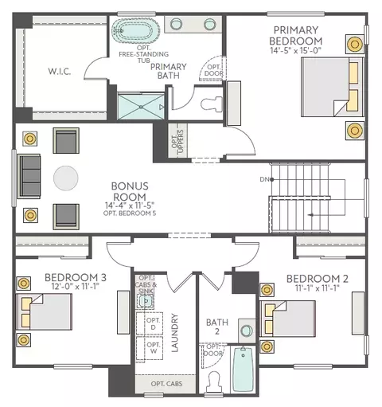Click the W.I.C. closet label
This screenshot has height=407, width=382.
pos(60,72)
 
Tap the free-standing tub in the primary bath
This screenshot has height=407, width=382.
pos(135,30)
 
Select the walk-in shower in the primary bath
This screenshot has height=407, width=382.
pos(141,107)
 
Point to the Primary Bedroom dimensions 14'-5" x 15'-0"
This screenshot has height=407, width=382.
pos(296,50)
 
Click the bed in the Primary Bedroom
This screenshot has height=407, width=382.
pos(332,87)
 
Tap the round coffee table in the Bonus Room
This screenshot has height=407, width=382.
pos(66,178)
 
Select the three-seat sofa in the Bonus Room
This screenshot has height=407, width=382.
pos(29,176)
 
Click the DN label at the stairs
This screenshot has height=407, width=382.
pos(264,179)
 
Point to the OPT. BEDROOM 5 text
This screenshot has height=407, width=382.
pos(130,213)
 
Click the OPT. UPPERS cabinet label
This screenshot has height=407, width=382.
pos(177,141)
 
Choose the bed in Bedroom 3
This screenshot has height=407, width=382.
pos(44,311)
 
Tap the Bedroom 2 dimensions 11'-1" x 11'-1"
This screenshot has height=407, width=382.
pos(318,288)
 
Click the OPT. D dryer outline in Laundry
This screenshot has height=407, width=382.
pos(150,323)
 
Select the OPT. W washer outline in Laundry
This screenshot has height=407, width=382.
pos(150,348)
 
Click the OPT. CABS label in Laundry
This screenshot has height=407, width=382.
pos(166,384)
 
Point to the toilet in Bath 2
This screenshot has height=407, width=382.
pos(214,382)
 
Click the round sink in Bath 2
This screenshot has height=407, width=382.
pos(247,331)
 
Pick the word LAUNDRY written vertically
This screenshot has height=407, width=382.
pos(174,333)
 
